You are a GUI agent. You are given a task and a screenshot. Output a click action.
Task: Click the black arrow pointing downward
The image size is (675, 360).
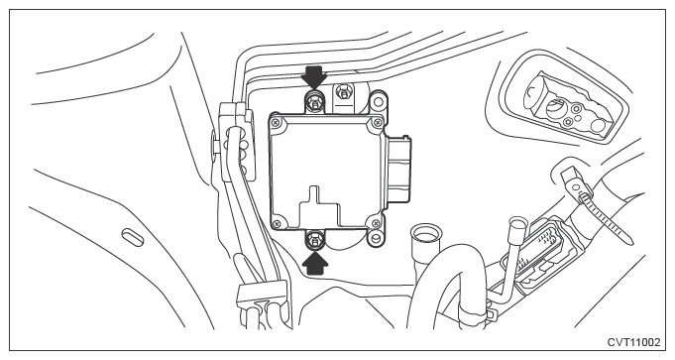coord(314,76)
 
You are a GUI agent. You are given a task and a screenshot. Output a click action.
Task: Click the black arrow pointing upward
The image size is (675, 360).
coord(315,262)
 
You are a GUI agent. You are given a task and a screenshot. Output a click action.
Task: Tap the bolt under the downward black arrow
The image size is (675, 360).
coord(314,102)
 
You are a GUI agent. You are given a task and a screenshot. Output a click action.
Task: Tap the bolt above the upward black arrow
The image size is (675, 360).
coord(315,239)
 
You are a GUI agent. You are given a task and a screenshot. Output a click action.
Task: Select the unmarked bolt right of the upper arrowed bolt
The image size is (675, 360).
coord(343,92)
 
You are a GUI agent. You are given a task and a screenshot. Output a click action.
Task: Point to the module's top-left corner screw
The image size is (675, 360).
coord(276,123)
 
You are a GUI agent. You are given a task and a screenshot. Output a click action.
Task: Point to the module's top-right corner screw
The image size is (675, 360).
coord(378,123)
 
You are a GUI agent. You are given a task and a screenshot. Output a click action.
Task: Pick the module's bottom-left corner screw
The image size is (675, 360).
coord(278,223)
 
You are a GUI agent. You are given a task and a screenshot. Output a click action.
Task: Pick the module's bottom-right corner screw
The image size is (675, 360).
coord(376,223)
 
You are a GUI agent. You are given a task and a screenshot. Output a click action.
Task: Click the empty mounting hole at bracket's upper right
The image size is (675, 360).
coord(377,101)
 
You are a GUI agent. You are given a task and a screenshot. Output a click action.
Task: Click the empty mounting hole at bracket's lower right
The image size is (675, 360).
coord(377,238)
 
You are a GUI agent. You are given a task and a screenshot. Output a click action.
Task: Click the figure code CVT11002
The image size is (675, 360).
coord(633,342)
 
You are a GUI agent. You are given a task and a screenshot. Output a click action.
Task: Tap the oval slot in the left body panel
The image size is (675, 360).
coord(132,237)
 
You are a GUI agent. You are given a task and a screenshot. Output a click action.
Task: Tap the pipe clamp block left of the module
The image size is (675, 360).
coord(236,141)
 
